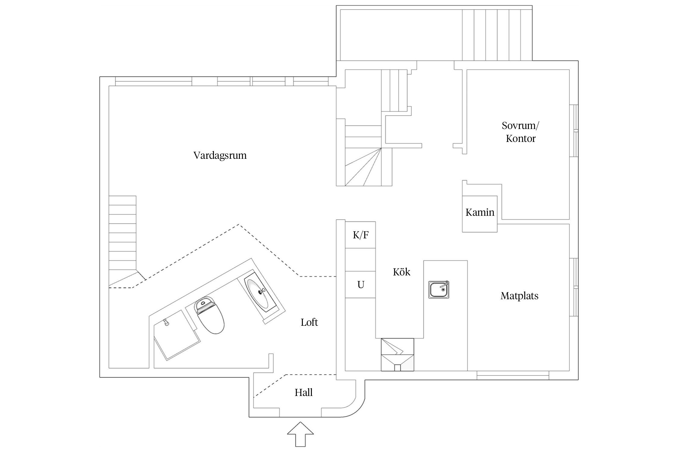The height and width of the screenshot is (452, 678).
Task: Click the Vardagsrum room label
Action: [x=220, y=155]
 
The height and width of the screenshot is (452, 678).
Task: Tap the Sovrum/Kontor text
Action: [x=520, y=132]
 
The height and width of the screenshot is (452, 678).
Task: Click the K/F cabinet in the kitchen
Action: [x=360, y=235]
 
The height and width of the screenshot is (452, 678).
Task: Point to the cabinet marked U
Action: [x=360, y=284]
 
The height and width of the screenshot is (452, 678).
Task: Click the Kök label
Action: [x=401, y=272]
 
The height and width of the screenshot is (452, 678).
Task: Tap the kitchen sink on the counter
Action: [x=439, y=290]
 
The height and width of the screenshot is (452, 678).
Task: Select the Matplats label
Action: [x=519, y=296]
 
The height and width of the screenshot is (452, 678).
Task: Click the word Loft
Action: [x=309, y=322]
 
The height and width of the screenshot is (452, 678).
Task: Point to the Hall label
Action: [x=303, y=392]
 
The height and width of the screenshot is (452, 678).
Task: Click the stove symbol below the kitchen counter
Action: [x=397, y=354]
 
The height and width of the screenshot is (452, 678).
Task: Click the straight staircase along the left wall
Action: [x=122, y=234]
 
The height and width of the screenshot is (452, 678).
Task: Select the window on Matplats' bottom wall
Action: [x=513, y=375]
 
